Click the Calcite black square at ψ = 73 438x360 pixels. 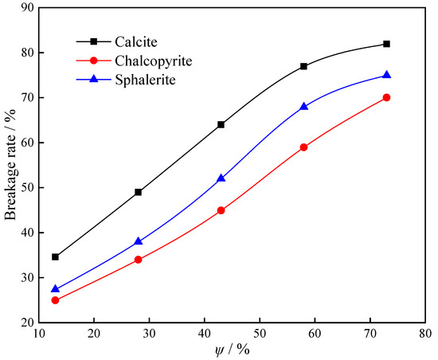(x=386, y=44)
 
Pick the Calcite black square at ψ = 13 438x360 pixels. (x=55, y=256)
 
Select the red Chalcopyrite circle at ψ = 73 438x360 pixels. (x=386, y=97)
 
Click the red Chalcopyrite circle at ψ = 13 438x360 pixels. (x=55, y=300)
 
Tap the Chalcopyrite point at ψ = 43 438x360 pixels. (x=221, y=210)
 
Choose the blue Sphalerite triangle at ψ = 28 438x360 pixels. (x=138, y=241)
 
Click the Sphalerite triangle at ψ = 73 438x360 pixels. (x=386, y=75)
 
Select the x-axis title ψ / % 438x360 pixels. (x=236, y=349)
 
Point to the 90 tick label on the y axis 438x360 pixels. (x=27, y=8)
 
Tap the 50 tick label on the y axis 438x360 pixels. (x=27, y=188)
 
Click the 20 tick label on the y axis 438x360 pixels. (x=27, y=323)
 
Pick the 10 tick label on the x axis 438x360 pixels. (x=38, y=333)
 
